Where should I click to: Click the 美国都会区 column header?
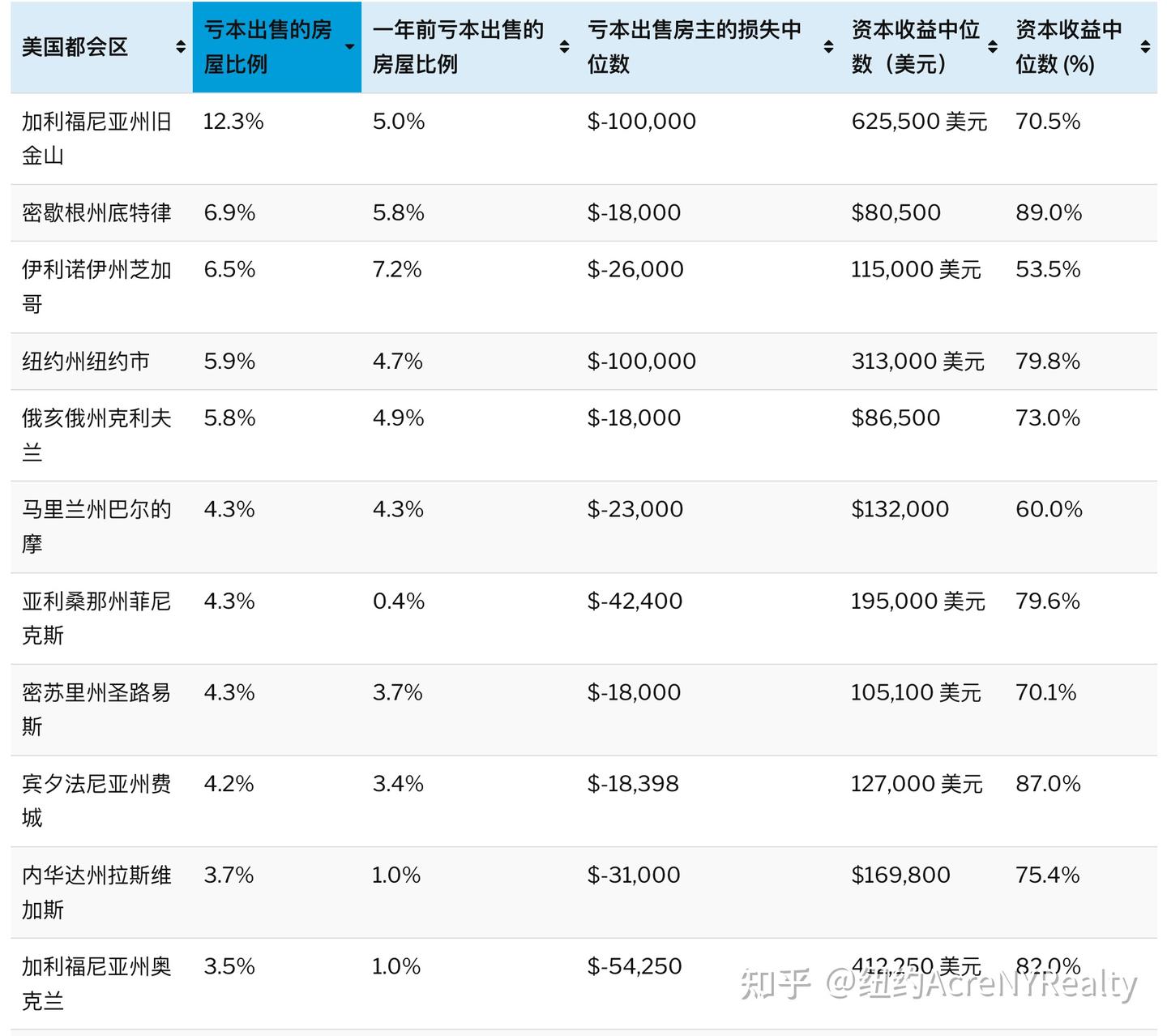click(75, 47)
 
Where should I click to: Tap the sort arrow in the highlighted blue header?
click(349, 47)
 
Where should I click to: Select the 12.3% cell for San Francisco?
click(233, 122)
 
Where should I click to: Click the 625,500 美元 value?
click(919, 122)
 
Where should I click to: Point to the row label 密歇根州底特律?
click(96, 212)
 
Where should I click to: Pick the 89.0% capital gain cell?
click(1049, 212)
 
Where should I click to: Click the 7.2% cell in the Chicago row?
click(397, 269)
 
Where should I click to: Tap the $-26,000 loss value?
click(635, 269)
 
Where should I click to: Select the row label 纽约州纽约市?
click(86, 361)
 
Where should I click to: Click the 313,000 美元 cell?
click(917, 361)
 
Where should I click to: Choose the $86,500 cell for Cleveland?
click(896, 417)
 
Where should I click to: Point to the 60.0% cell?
click(1049, 509)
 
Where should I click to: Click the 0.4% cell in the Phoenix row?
click(399, 601)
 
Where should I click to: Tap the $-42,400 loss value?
click(635, 601)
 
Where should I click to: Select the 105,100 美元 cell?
click(916, 692)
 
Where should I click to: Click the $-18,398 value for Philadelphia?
click(633, 784)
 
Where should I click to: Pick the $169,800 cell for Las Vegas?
click(900, 875)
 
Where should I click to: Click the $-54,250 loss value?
click(635, 966)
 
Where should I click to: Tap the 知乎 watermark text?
click(776, 984)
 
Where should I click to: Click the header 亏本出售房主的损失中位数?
click(694, 47)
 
